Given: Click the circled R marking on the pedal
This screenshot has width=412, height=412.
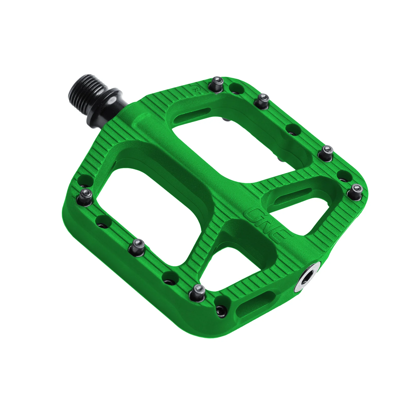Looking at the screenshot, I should point(196,88).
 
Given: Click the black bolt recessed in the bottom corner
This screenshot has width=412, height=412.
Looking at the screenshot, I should point(221,311).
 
